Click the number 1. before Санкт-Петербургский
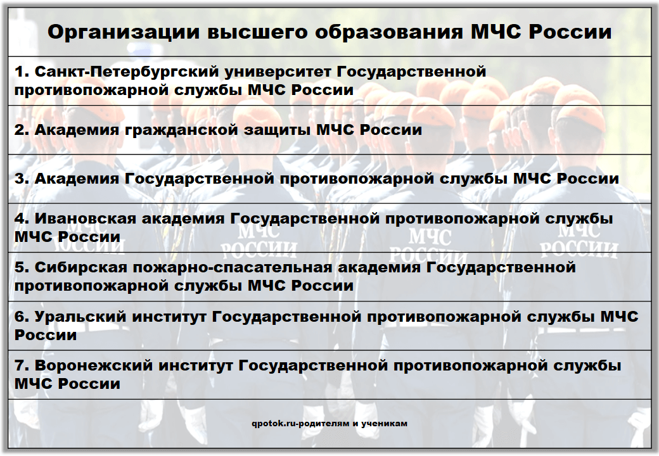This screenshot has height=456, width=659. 22,72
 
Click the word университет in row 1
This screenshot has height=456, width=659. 278,72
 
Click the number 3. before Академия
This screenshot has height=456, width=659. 22,179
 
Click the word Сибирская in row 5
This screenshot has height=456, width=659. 80,267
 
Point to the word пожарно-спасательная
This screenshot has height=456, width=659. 233,268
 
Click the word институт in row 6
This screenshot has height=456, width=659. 169,317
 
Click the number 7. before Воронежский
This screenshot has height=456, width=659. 22,365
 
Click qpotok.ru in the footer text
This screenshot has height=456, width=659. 274,424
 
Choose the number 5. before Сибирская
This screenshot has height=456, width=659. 22,267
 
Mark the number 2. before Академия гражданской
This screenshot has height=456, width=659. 22,130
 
